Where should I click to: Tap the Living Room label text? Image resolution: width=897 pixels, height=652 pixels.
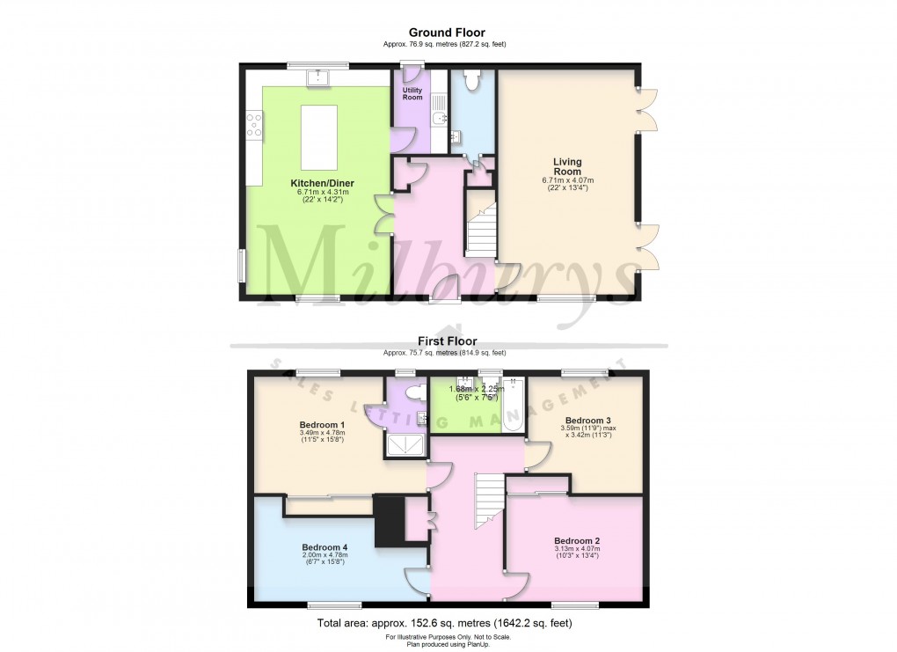click(566, 166)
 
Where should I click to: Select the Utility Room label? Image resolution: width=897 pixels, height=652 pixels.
click(412, 93)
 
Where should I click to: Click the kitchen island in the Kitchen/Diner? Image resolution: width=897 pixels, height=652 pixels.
click(320, 136)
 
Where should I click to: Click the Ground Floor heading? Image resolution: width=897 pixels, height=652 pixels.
click(448, 33)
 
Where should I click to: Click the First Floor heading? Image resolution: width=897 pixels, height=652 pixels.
click(448, 341)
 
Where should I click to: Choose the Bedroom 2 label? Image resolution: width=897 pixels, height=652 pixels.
click(577, 540)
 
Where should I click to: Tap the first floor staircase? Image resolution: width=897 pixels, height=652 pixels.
click(487, 501)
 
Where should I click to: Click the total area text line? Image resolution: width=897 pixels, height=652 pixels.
click(448, 624)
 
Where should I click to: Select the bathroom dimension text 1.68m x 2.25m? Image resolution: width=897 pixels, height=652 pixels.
click(475, 389)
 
